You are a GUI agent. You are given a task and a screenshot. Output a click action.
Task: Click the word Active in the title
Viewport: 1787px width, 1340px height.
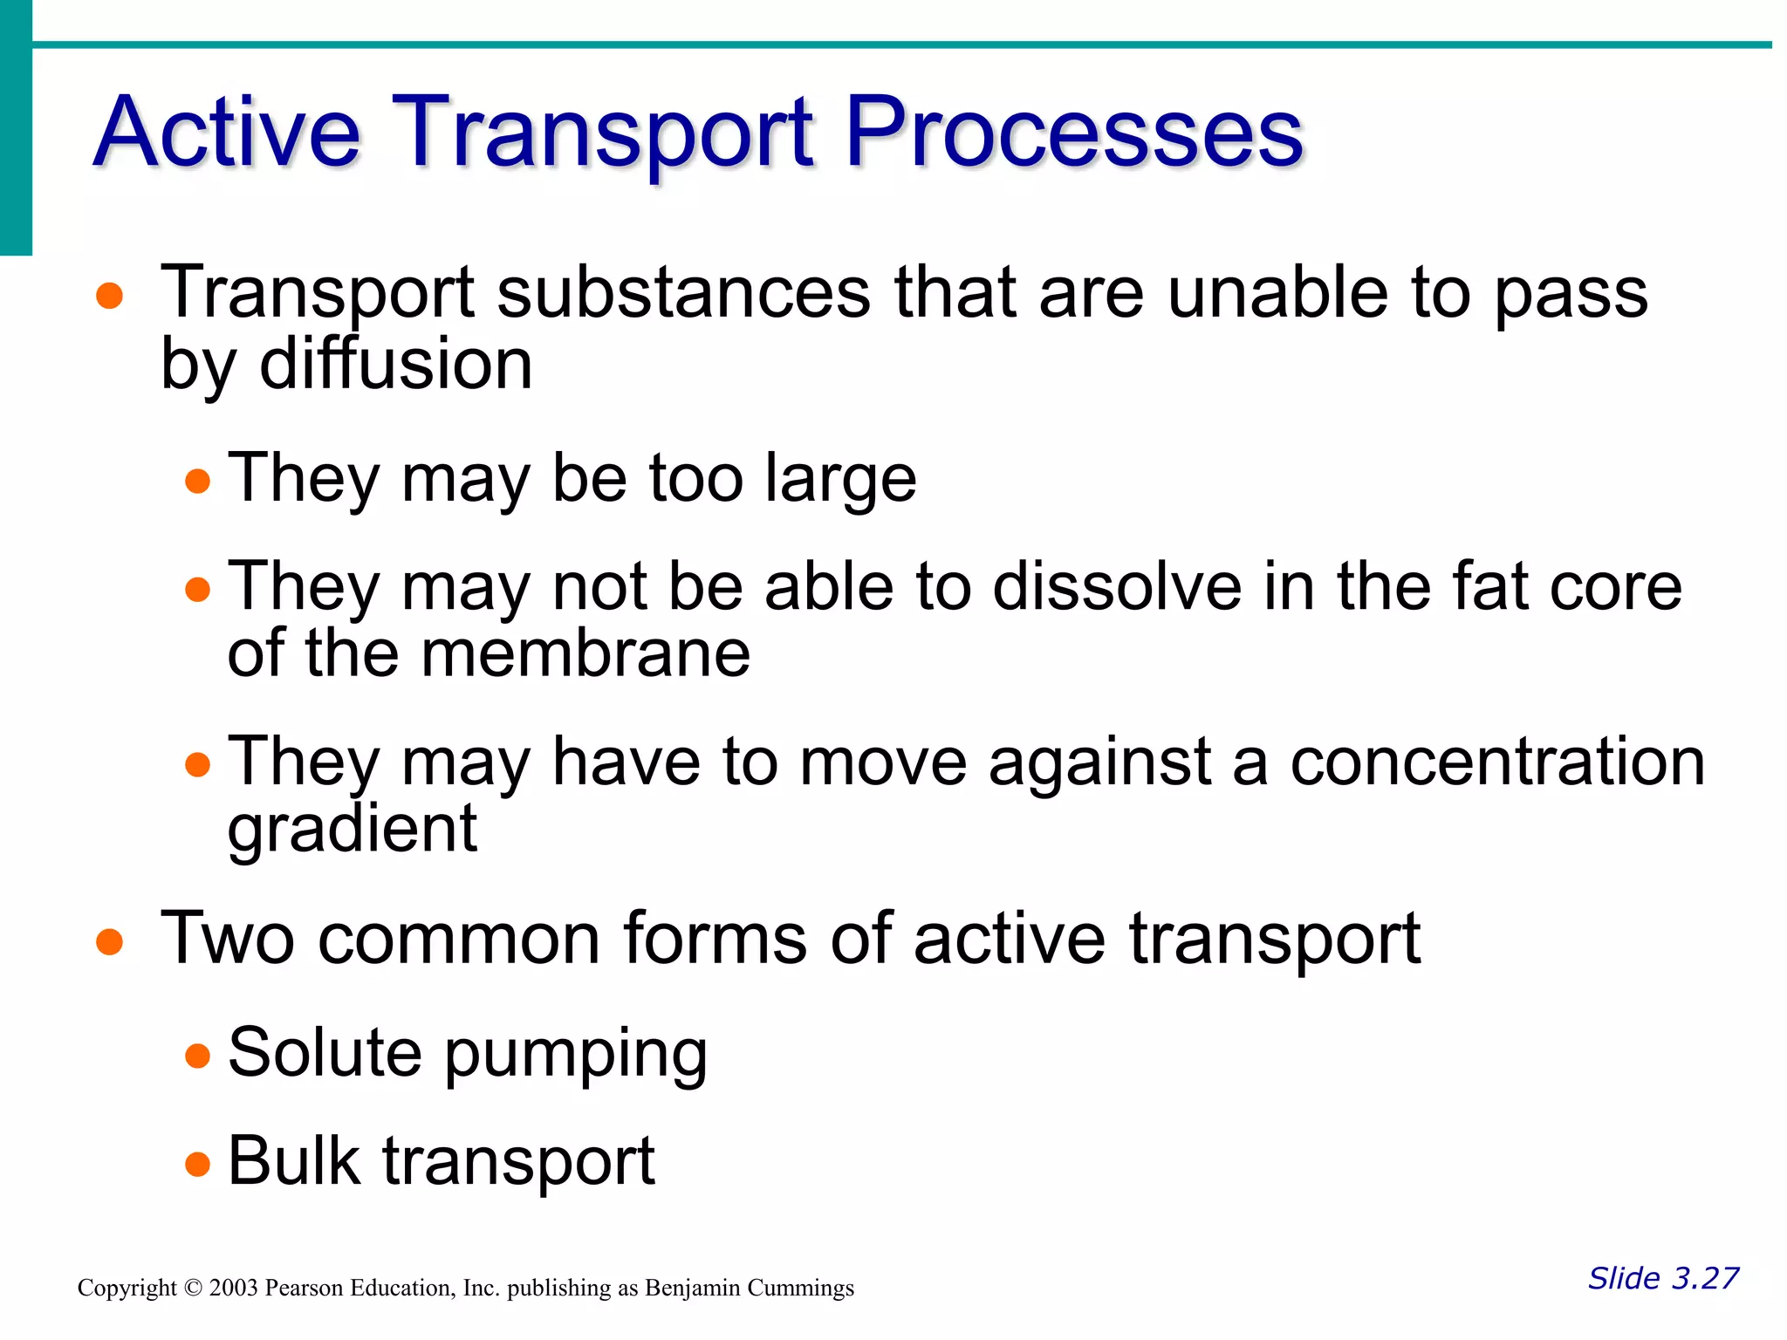(x=227, y=133)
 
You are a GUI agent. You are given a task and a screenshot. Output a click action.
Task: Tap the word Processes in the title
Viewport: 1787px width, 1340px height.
(x=1074, y=133)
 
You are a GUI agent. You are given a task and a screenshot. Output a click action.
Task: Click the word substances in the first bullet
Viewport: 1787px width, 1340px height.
(x=683, y=293)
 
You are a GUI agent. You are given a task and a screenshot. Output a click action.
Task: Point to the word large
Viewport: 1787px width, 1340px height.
(x=840, y=480)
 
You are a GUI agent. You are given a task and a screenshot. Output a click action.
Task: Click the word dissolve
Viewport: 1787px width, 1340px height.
(x=1117, y=586)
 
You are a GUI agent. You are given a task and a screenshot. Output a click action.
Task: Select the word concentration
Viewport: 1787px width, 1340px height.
(x=1497, y=762)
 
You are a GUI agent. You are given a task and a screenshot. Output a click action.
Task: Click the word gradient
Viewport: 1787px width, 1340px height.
(x=352, y=830)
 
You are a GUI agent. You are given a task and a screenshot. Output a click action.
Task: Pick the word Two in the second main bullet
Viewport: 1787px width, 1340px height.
(x=228, y=940)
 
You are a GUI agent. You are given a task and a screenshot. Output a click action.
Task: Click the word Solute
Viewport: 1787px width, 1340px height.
(x=325, y=1053)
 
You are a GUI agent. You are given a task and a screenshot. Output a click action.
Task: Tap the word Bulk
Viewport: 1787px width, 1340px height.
(x=294, y=1161)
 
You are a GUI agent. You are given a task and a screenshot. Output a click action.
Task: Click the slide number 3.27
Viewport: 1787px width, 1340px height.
(x=1705, y=1278)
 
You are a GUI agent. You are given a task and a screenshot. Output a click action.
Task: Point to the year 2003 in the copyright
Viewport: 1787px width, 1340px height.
(x=233, y=1289)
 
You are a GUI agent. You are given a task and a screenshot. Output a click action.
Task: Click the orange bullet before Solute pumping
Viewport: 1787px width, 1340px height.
(x=198, y=1056)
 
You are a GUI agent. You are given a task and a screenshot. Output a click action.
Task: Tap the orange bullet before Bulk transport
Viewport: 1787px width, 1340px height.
(x=198, y=1165)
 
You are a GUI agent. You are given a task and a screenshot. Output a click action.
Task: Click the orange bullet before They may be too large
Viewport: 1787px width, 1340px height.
(x=198, y=482)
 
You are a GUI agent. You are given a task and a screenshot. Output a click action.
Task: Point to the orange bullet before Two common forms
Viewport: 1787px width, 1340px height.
(x=109, y=942)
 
